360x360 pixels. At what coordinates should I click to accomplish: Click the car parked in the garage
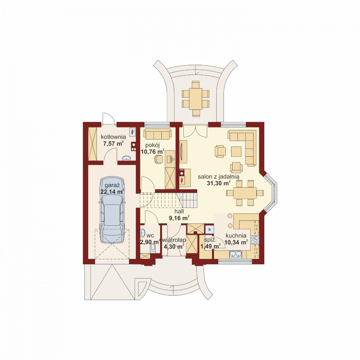coord(112,210)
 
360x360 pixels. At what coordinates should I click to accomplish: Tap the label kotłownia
coord(113,137)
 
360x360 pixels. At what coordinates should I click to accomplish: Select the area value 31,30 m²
coord(219,183)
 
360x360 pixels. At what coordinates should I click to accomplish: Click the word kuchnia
coord(236,236)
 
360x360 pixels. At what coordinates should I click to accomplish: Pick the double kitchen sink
coord(236,254)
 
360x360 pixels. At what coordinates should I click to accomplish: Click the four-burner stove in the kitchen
coord(255,240)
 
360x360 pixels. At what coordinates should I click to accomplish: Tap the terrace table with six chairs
coord(196,99)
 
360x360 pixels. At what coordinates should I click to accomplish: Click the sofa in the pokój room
coord(157,134)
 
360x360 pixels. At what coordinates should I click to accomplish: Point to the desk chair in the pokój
coord(158,159)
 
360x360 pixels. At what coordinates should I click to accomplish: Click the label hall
coord(179,211)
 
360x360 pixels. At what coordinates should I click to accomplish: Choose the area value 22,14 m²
coord(112,191)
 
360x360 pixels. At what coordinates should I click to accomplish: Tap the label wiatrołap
coord(174,240)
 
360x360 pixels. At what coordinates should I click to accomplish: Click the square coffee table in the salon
coord(236,151)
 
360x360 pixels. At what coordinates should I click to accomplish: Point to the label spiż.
coord(210,240)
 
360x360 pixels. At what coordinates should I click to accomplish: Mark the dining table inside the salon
coord(245,193)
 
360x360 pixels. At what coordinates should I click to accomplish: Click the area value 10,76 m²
coord(153,151)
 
